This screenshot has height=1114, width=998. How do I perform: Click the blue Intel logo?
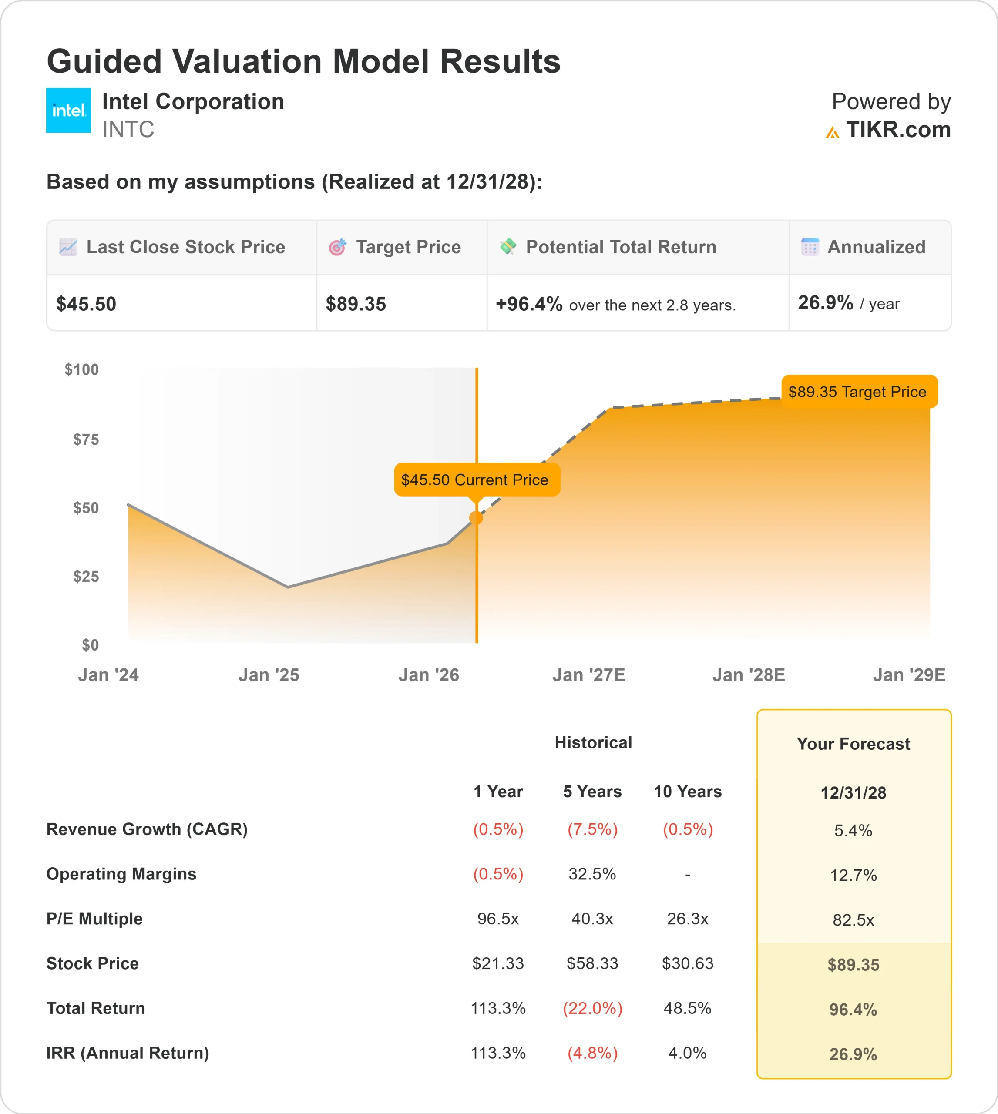(68, 110)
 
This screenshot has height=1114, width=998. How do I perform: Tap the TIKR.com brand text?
(897, 130)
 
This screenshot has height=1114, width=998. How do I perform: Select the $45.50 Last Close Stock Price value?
(86, 304)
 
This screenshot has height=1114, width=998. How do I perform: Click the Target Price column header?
(408, 247)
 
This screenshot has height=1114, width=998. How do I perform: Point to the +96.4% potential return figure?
(529, 304)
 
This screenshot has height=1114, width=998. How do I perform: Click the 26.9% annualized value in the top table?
(825, 302)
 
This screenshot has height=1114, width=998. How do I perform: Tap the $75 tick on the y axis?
(86, 439)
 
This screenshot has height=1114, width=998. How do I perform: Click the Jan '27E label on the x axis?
(588, 675)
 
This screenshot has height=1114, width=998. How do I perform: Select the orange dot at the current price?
(476, 517)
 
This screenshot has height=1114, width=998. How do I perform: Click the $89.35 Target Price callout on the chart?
(859, 392)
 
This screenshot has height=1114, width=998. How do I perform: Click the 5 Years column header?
(592, 791)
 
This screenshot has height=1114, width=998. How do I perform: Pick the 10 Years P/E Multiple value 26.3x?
(687, 918)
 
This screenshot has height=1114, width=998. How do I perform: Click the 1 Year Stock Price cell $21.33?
(498, 963)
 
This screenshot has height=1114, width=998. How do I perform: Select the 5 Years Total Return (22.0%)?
(592, 1008)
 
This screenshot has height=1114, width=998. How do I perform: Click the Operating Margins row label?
(121, 874)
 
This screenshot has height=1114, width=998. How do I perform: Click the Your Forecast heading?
(853, 744)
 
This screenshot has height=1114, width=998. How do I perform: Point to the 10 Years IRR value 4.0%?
(687, 1053)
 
